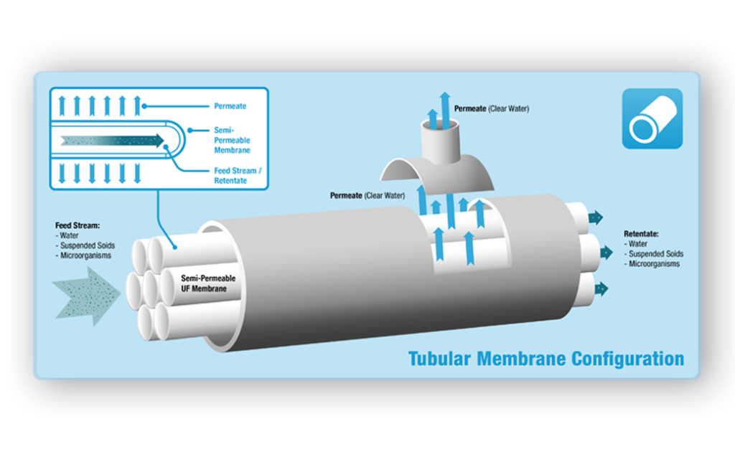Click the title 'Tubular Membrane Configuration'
click(x=546, y=358)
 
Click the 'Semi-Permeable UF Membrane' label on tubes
click(x=205, y=283)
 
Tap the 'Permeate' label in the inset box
click(x=230, y=106)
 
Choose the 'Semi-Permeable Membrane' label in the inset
click(x=232, y=140)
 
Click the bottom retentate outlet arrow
click(x=600, y=288)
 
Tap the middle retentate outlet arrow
click(x=602, y=253)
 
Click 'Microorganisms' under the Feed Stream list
click(x=86, y=255)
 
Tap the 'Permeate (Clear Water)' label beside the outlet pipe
click(x=487, y=109)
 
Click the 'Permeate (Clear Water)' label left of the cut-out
click(x=367, y=195)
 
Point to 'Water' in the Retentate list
click(x=638, y=244)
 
